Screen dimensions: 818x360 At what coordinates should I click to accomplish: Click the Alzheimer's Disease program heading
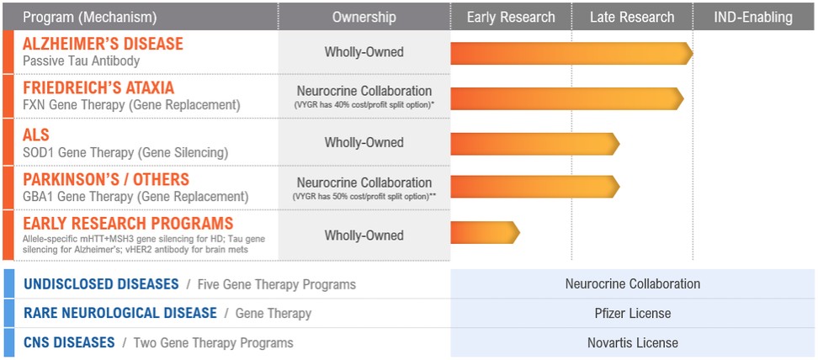(x=103, y=44)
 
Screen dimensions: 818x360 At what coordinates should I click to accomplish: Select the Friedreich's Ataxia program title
(x=98, y=87)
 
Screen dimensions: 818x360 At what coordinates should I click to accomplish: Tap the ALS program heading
(x=36, y=135)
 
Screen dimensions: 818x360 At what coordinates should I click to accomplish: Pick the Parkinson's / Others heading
(x=106, y=179)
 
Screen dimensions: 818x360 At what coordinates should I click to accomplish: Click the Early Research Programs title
(x=128, y=223)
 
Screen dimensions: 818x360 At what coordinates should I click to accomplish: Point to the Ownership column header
(x=364, y=17)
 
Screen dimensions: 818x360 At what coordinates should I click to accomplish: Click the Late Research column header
(x=632, y=17)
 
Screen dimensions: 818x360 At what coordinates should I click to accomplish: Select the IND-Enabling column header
(x=753, y=17)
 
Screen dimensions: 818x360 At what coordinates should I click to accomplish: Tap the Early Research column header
(x=511, y=17)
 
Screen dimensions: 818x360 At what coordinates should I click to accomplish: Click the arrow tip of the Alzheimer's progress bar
(x=693, y=53)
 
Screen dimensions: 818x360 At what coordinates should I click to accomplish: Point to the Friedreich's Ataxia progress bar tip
(x=683, y=98)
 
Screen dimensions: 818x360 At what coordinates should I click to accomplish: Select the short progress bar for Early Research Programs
(x=486, y=232)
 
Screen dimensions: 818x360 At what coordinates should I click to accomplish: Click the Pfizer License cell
(x=633, y=314)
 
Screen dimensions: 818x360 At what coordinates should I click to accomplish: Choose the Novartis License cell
(x=633, y=343)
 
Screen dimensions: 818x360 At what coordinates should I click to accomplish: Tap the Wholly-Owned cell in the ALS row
(x=364, y=142)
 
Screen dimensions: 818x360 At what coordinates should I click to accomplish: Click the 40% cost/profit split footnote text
(x=364, y=105)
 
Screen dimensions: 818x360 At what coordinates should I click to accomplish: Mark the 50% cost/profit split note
(x=364, y=196)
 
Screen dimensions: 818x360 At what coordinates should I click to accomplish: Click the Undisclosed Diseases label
(x=101, y=284)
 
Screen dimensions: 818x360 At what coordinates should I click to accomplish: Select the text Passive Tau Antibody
(x=82, y=61)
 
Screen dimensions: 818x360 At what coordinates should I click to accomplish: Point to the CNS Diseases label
(x=69, y=343)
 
